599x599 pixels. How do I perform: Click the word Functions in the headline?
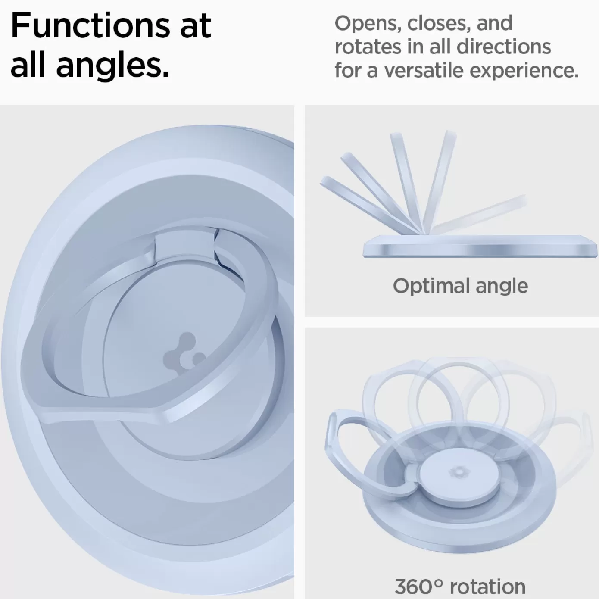pyautogui.click(x=90, y=25)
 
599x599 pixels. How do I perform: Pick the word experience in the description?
pyautogui.click(x=524, y=71)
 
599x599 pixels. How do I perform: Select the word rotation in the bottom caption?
pyautogui.click(x=487, y=587)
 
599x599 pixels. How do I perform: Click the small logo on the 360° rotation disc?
pyautogui.click(x=456, y=472)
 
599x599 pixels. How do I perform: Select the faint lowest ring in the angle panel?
pyautogui.click(x=479, y=215)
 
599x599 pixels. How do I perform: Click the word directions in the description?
pyautogui.click(x=504, y=47)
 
